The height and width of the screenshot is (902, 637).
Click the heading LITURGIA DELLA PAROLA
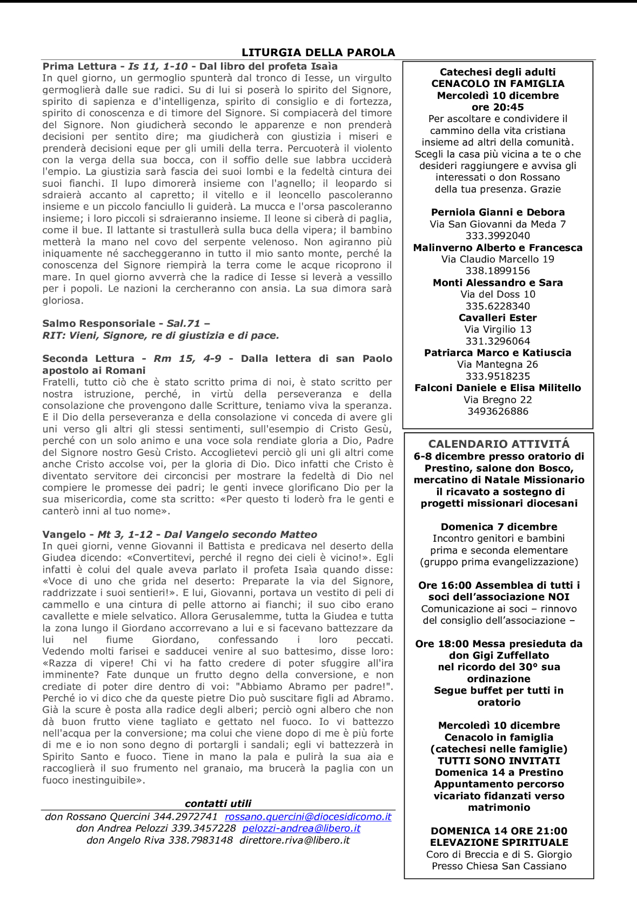(x=318, y=52)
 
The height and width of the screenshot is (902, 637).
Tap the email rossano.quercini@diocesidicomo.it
(x=308, y=817)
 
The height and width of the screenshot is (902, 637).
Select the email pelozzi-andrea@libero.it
(x=301, y=829)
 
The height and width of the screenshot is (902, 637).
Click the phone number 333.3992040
(x=498, y=235)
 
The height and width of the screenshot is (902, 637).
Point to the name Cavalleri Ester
(x=498, y=318)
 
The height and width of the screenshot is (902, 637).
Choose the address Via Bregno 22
(x=498, y=400)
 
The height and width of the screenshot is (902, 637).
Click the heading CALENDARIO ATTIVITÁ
(x=499, y=444)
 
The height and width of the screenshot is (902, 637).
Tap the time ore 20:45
(x=498, y=107)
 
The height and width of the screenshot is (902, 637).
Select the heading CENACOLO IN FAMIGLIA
(x=498, y=84)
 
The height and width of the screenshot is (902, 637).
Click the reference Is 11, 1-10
(x=158, y=66)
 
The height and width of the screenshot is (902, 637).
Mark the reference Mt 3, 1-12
(x=125, y=535)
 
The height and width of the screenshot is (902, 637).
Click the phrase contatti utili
(x=218, y=804)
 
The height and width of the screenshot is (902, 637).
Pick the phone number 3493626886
(x=498, y=412)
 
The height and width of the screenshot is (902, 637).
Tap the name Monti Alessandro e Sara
(x=498, y=282)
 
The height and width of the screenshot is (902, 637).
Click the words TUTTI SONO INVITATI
(x=499, y=761)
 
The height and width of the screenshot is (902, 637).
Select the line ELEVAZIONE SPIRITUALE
(x=499, y=843)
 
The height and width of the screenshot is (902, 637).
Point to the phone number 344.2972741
(x=185, y=817)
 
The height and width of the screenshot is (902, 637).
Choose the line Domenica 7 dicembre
(x=499, y=527)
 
